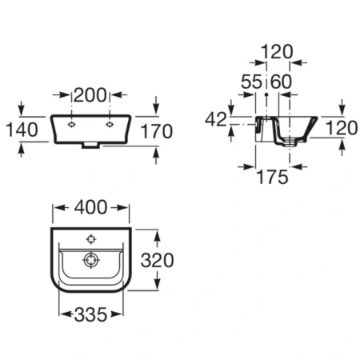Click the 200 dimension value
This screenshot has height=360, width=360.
pos(90,95)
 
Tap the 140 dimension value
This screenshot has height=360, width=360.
pos(22,130)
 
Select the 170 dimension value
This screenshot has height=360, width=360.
pos(157,131)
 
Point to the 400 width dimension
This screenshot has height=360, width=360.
pos(90,207)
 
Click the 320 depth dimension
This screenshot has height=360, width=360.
pos(158,260)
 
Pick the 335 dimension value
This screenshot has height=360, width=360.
pos(90,314)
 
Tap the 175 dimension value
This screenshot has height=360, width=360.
pos(272,177)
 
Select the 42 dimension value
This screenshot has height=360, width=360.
pos(216,119)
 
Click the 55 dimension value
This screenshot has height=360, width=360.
pos(251,82)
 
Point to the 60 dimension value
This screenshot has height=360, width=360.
pos(281,82)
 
